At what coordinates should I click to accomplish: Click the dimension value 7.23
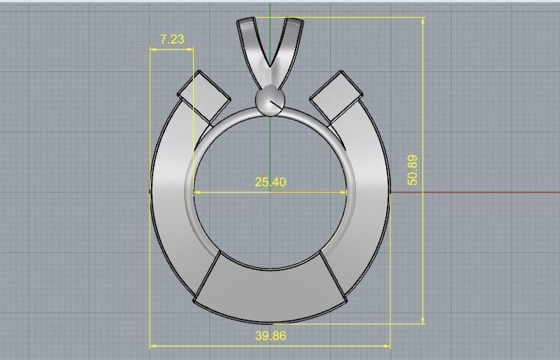(x=172, y=39)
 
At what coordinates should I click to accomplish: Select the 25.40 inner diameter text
(x=270, y=182)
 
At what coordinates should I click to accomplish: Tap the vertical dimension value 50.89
(x=413, y=169)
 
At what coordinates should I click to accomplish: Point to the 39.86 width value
(x=270, y=336)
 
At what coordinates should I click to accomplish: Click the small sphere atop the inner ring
(x=269, y=101)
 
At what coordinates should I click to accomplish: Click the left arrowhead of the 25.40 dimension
(x=197, y=193)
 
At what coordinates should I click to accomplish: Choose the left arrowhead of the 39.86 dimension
(x=153, y=345)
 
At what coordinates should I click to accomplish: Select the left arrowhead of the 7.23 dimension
(x=153, y=50)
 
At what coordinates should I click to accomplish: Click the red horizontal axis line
(x=479, y=193)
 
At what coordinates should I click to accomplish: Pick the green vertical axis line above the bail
(x=270, y=9)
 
